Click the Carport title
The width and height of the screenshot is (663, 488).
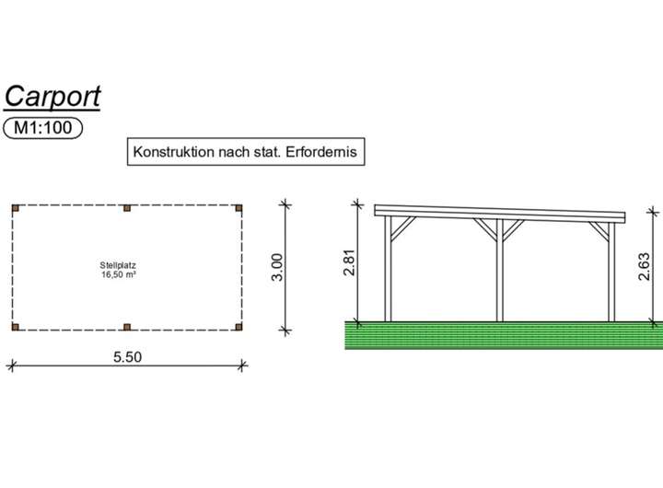coord(52,96)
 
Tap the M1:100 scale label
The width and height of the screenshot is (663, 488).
coord(43,128)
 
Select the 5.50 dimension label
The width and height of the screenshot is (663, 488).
coord(127,355)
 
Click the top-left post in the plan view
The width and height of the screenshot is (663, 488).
coord(16,207)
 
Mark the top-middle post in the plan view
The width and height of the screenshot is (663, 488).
coord(127,207)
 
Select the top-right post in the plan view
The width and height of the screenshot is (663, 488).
coord(240,207)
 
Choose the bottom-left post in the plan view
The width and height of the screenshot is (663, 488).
coord(16,327)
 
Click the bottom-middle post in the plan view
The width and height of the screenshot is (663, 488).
coord(127,327)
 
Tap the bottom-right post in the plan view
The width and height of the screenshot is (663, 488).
coord(240,327)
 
